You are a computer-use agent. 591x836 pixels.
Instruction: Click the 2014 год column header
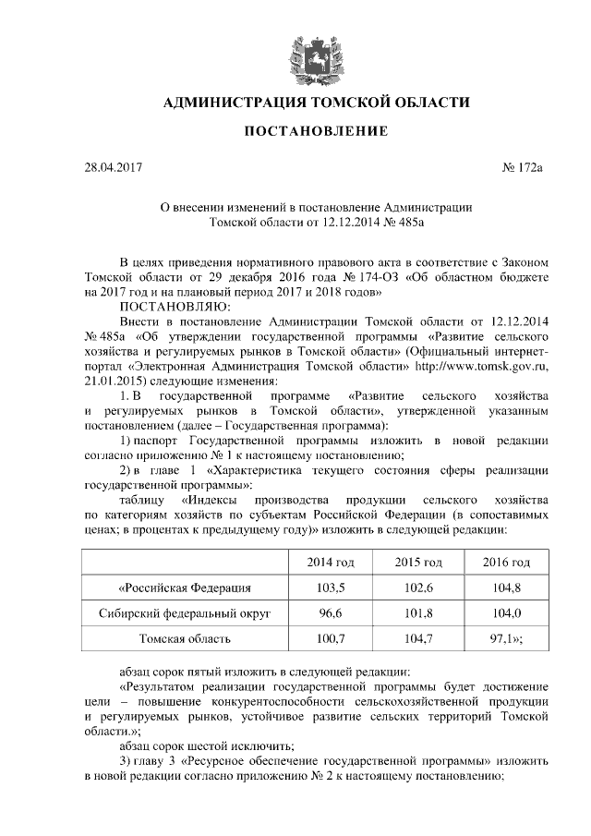[331, 563]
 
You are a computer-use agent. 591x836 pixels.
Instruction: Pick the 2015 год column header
[418, 563]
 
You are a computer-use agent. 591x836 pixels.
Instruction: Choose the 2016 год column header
[507, 563]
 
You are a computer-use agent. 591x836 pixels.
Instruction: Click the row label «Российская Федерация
[185, 588]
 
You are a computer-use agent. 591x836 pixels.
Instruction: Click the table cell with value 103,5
[331, 588]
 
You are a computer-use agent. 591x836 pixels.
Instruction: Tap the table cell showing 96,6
[331, 612]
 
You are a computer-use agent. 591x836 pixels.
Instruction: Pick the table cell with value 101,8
[418, 612]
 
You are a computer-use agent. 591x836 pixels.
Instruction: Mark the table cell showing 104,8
[507, 588]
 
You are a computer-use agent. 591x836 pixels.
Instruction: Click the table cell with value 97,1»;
[507, 637]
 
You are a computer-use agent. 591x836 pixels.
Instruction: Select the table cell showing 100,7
[331, 637]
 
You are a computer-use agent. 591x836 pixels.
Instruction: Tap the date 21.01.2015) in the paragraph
[114, 382]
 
